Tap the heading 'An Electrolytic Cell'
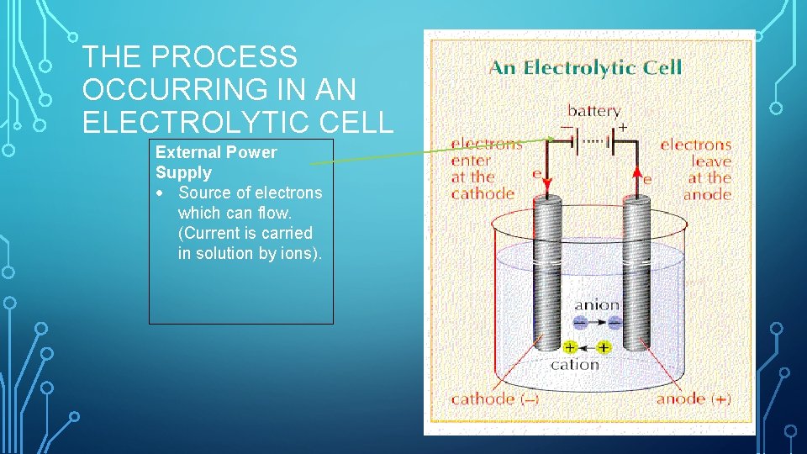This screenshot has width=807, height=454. (586, 67)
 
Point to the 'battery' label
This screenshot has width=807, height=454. (593, 111)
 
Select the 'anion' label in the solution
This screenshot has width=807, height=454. (597, 305)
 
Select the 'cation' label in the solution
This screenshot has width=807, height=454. (576, 364)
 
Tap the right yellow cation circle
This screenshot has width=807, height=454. (604, 347)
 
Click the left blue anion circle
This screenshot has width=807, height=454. (581, 322)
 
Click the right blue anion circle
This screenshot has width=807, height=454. (614, 322)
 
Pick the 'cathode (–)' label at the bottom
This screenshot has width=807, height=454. (495, 399)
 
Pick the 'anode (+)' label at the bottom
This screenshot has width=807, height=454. (694, 399)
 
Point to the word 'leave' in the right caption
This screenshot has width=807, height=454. (711, 161)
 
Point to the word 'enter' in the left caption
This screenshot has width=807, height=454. (472, 161)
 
